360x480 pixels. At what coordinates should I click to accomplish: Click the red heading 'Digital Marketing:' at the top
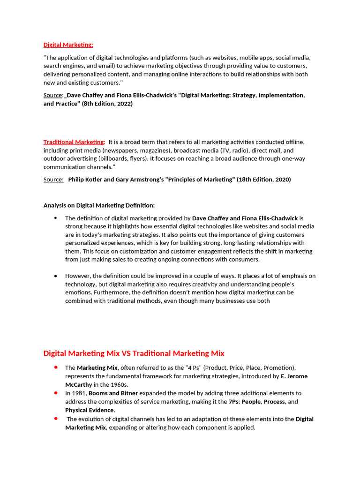[x=68, y=45]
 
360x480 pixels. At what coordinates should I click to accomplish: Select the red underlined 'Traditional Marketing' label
[x=74, y=142]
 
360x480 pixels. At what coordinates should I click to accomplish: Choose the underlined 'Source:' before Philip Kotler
[x=53, y=180]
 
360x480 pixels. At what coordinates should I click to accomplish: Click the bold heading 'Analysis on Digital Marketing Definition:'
[x=99, y=205]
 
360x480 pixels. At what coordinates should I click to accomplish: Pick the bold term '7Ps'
[x=233, y=402]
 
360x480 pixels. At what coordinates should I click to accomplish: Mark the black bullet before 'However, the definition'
[x=56, y=276]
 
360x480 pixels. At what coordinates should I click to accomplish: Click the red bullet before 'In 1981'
[x=56, y=392]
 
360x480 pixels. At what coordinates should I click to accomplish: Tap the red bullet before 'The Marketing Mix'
[x=56, y=367]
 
